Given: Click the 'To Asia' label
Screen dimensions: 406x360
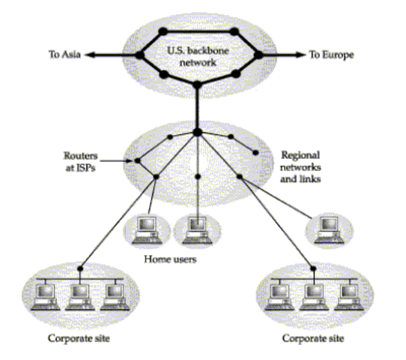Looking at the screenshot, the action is coord(64,55).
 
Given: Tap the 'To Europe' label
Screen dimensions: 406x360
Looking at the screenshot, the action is coord(332,55).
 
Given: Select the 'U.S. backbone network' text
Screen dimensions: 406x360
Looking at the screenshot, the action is coord(198,56).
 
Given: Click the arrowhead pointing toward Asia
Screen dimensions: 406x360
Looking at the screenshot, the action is coord(90,55).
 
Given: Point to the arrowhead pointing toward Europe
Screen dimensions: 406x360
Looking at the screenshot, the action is coord(301,55).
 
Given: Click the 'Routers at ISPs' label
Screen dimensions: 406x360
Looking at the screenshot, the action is coord(81,162).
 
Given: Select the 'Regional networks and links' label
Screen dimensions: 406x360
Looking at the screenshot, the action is coord(300,167).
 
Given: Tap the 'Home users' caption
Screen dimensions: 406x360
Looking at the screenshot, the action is coord(170,259).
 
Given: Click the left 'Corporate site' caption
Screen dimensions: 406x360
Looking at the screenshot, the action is coord(79,338).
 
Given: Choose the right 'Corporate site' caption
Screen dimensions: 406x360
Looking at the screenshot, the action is coord(313,338).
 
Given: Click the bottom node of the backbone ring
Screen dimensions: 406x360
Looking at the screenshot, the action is coord(197,85).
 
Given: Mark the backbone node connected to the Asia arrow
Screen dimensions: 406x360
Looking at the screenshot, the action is coord(139,55).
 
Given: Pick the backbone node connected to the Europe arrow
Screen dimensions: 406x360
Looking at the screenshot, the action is coord(258,55).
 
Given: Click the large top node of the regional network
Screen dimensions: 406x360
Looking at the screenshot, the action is coord(197,132).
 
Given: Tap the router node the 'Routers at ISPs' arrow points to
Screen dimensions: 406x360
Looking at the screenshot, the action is coord(138,161).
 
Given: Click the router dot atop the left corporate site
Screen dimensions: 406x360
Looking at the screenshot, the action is coord(80,268).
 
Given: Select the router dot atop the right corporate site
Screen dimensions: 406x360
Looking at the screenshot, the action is coord(313,268).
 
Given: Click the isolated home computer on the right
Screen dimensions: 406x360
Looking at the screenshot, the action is coord(330,230).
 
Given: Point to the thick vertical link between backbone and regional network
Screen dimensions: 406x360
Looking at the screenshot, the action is coord(197,108).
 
